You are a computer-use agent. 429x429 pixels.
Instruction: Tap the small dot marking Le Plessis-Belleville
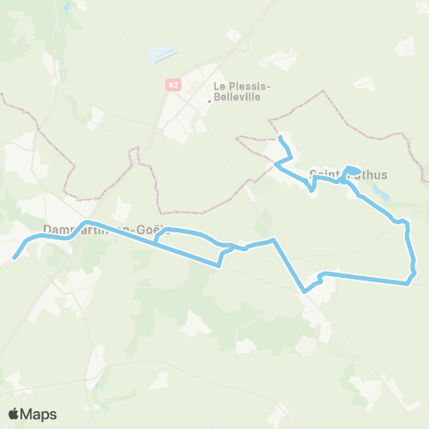coord(209,100)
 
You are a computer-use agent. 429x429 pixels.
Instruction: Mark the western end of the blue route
coord(14,259)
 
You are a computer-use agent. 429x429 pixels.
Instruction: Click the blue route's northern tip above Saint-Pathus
coord(281,138)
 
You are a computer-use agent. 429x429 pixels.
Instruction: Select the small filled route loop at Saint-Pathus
coord(353,170)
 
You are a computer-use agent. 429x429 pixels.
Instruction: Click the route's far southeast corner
coord(408,283)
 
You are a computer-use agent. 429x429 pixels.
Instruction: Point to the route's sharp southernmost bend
coord(305,290)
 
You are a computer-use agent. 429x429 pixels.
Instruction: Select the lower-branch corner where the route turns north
coord(220,265)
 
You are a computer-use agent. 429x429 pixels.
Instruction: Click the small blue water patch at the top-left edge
coord(68,8)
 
